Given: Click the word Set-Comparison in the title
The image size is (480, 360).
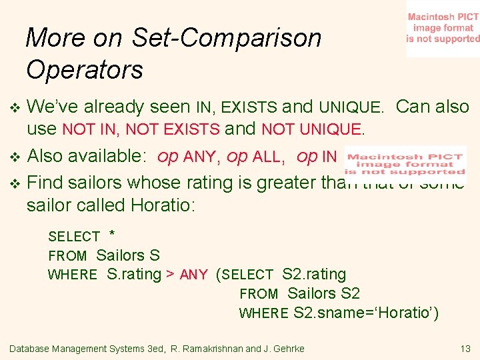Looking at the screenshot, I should point(226,38).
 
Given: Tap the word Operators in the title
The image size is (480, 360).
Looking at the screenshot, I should point(85,69).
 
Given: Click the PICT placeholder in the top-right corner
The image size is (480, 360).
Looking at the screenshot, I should point(443,28).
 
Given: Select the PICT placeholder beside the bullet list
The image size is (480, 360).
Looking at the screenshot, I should point(405,161).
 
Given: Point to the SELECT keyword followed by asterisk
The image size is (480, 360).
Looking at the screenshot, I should point(73,237).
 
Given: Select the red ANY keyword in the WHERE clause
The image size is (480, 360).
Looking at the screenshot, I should point(194,275).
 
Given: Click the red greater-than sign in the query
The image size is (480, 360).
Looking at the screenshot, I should point(171,275).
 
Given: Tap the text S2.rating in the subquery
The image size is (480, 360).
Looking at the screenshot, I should point(314,274).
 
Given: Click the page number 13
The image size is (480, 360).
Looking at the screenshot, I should point(465,349).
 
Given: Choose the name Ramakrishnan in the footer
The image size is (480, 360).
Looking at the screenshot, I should point(214,349).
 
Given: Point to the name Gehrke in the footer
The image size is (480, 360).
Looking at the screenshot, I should point(288,349).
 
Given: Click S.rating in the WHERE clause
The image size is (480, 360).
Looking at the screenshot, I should point(134,274).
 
